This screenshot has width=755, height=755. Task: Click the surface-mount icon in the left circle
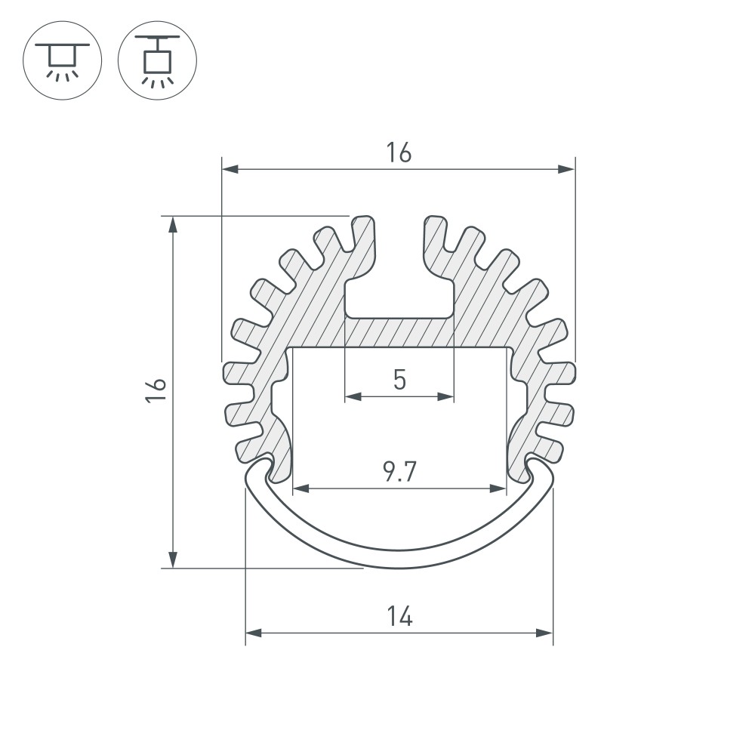tap(62, 61)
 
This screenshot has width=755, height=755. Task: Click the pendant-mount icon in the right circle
tap(157, 61)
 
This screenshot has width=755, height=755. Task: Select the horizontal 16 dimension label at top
tap(399, 153)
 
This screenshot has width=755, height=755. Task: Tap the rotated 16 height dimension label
tap(156, 390)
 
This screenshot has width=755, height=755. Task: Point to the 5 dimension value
tap(399, 380)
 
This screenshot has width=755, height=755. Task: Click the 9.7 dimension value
tap(399, 472)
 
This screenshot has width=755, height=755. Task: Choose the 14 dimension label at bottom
tap(399, 617)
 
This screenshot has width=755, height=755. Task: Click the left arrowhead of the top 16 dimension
tap(230, 169)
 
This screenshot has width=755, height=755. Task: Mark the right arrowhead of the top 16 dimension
tap(567, 169)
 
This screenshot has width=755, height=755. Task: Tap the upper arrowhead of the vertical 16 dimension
tap(173, 224)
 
